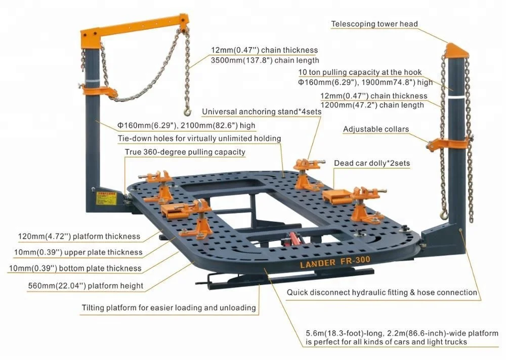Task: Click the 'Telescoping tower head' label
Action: pyautogui.click(x=374, y=24)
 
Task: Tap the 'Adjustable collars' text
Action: pyautogui.click(x=375, y=129)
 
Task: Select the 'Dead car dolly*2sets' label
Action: pyautogui.click(x=371, y=164)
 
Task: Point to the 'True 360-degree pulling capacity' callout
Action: pyautogui.click(x=185, y=152)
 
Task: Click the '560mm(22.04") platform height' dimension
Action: pyautogui.click(x=86, y=286)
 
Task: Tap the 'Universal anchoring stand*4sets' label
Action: pyautogui.click(x=261, y=111)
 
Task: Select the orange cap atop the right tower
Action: pyautogui.click(x=457, y=50)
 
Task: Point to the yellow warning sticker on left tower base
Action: pyautogui.click(x=104, y=197)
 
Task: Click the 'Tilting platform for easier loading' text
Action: pyautogui.click(x=168, y=308)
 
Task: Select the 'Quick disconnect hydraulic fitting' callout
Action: pyautogui.click(x=382, y=292)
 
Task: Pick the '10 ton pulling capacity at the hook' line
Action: pyautogui.click(x=360, y=72)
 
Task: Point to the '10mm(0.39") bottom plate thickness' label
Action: pyautogui.click(x=74, y=268)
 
